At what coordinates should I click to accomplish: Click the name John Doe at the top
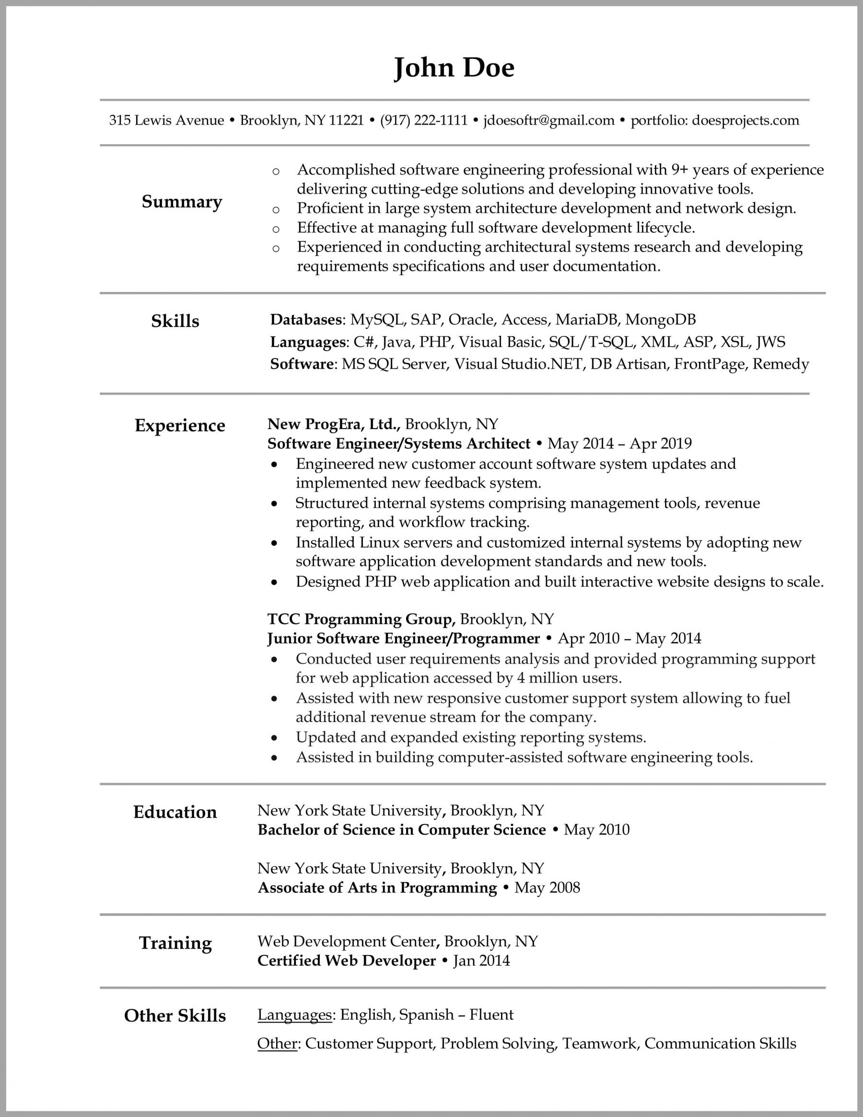click(454, 68)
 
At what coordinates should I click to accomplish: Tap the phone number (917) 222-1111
click(423, 120)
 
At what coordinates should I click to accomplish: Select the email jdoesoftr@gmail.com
click(548, 120)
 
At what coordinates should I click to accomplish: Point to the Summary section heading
click(182, 201)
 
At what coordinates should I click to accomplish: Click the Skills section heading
click(175, 321)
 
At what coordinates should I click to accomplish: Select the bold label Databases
click(306, 320)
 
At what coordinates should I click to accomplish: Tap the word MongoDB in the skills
click(660, 320)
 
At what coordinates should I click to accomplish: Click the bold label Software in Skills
click(302, 364)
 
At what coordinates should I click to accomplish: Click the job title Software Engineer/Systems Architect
click(398, 443)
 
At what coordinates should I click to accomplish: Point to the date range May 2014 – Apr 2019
click(619, 443)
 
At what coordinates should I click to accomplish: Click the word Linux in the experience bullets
click(379, 542)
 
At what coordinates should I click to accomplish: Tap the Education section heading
click(175, 812)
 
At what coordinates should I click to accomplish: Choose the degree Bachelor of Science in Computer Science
click(402, 829)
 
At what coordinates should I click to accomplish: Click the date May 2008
click(547, 887)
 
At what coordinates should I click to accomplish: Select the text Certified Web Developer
click(346, 961)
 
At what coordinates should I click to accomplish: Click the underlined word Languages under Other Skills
click(295, 1015)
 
